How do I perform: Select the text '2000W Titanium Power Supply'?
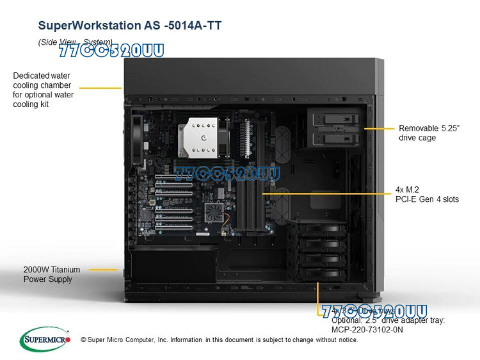coord(48,274)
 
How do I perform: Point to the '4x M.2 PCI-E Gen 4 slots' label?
coord(427,195)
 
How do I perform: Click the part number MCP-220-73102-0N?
coord(367,329)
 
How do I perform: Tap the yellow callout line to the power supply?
coord(103,270)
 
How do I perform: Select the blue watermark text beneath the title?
coord(111,51)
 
